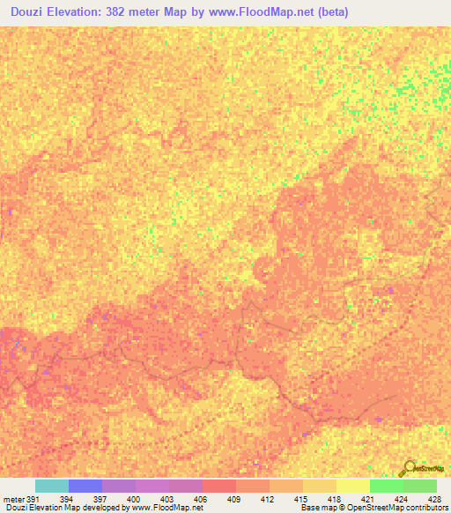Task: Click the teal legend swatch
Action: click(51, 486)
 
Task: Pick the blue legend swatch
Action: click(85, 486)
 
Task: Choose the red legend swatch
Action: click(218, 486)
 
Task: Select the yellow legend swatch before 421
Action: click(352, 486)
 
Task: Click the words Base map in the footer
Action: click(315, 508)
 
